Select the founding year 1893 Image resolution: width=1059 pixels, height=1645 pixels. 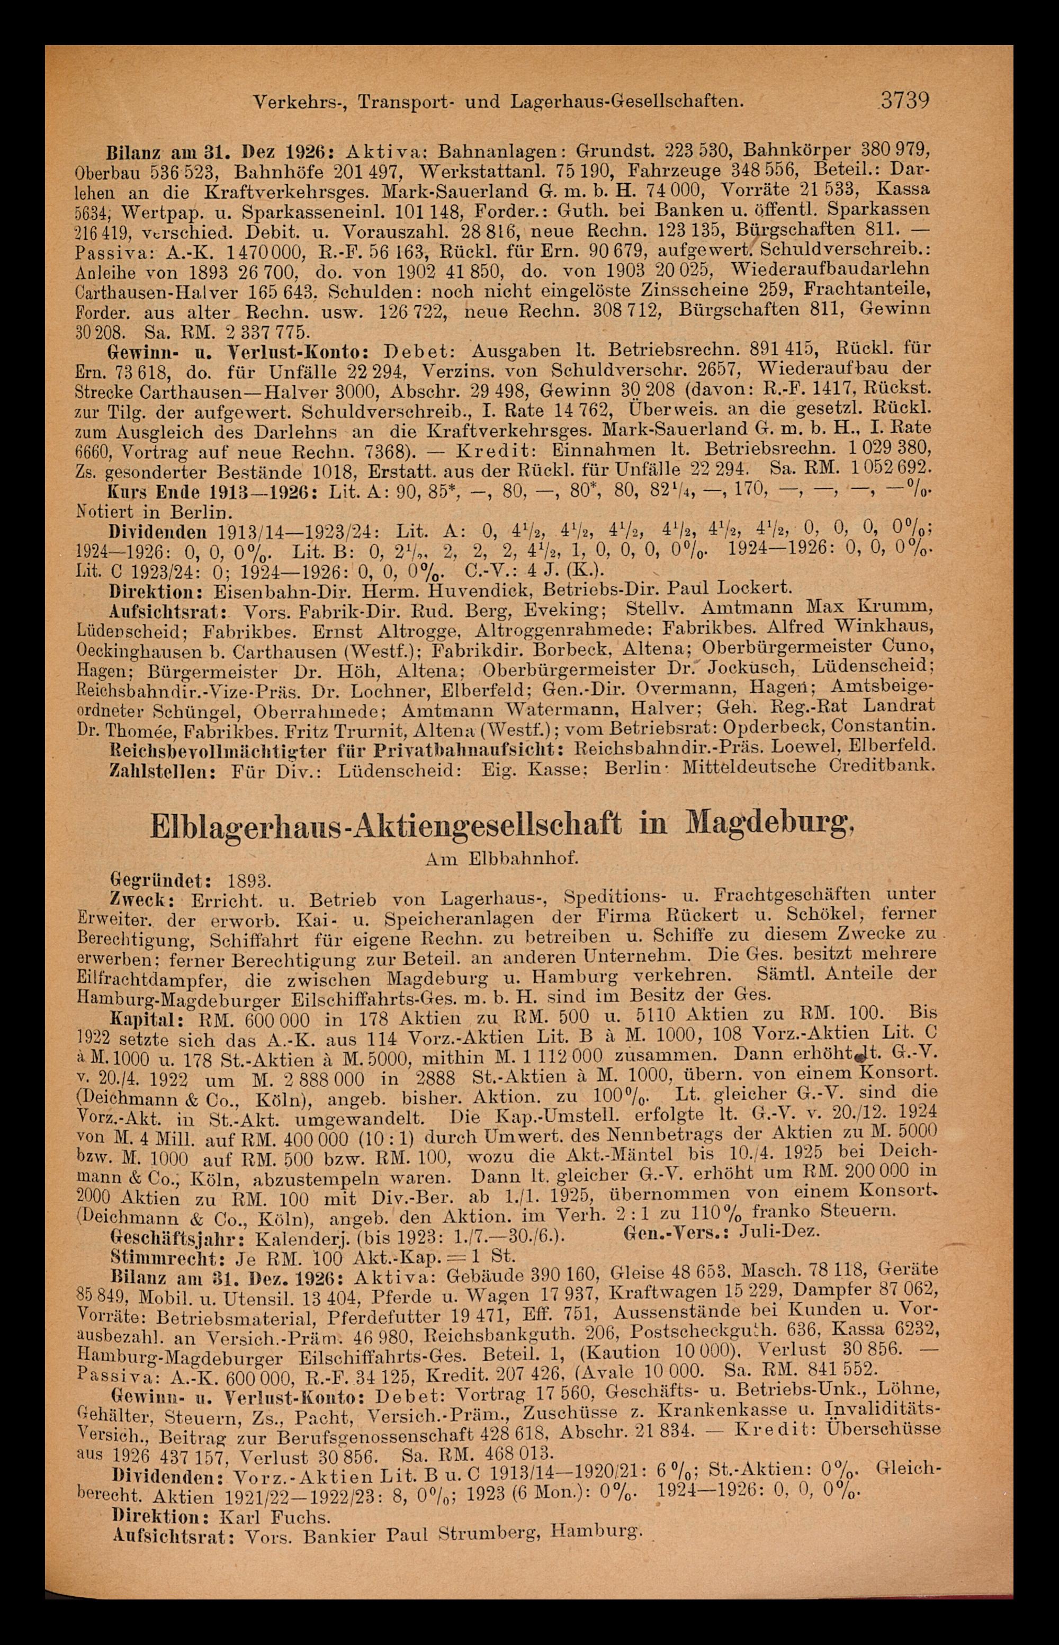(x=249, y=880)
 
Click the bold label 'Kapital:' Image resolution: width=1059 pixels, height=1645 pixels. (x=145, y=1018)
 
